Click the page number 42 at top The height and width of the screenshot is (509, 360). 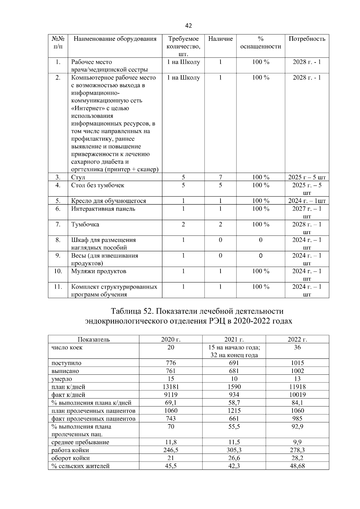point(188,26)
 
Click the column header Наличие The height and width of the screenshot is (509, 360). point(220,39)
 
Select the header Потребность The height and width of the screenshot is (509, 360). point(307,39)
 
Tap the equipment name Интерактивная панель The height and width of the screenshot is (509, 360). point(103,209)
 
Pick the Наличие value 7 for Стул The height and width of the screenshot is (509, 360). point(220,177)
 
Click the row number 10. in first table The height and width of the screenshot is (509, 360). point(58,271)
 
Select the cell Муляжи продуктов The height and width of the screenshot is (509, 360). point(99,271)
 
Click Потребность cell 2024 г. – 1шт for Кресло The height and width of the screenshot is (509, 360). point(307,201)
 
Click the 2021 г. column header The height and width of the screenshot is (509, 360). point(234,339)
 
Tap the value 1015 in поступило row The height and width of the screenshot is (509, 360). point(297,363)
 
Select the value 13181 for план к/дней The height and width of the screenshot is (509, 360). point(171,387)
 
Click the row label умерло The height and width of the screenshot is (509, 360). point(62,379)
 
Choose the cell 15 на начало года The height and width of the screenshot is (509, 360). point(234,347)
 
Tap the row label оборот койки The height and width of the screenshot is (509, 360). point(70,458)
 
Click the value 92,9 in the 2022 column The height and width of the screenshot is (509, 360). point(297,427)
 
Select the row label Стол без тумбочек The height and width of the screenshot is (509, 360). point(97,185)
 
